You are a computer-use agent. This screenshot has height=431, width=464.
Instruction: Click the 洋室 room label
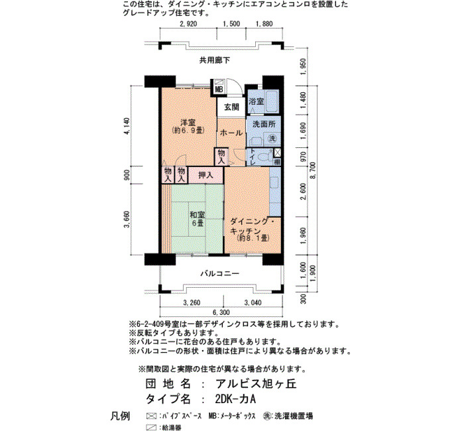(188, 122)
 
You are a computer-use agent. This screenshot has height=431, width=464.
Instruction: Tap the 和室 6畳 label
(197, 219)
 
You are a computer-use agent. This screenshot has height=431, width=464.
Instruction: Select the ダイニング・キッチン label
(252, 226)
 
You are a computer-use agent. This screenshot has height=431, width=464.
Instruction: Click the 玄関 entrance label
(231, 107)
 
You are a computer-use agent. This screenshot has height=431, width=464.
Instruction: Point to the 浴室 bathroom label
(256, 101)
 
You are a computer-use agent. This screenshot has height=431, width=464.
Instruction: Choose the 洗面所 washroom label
(264, 124)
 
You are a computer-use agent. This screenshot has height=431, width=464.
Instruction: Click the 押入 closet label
(205, 175)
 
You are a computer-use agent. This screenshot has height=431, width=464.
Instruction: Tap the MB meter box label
(219, 89)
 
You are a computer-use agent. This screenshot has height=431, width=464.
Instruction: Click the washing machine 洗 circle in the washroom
(272, 138)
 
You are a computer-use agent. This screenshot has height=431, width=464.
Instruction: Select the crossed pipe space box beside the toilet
(278, 153)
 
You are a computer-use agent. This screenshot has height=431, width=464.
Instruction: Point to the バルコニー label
(219, 273)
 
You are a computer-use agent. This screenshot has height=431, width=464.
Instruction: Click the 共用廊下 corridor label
(215, 60)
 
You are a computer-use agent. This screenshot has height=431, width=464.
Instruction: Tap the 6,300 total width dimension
(221, 312)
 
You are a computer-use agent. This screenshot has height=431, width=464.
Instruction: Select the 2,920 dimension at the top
(188, 24)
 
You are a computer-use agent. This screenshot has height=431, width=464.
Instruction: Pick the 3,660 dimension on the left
(127, 219)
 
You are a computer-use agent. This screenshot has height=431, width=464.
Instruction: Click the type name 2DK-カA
(235, 399)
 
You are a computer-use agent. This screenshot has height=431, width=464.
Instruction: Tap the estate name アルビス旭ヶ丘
(256, 384)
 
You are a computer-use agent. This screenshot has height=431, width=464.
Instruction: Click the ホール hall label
(231, 133)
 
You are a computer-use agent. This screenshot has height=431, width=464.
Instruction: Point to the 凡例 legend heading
(120, 416)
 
